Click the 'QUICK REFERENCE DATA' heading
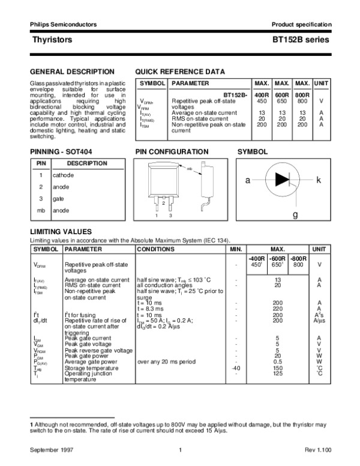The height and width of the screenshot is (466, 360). [180, 71]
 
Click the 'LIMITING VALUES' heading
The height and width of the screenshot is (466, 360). [61, 232]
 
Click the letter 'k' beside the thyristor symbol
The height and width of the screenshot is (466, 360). [319, 180]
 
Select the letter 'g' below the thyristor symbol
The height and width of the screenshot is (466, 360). [295, 214]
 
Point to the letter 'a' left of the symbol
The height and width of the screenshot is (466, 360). [247, 180]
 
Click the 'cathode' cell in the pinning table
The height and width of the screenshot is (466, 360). [63, 175]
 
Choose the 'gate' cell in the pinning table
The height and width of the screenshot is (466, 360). [58, 198]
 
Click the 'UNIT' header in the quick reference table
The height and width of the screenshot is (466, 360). [322, 83]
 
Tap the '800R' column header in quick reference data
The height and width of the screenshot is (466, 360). [303, 95]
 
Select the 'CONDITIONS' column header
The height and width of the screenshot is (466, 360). [155, 249]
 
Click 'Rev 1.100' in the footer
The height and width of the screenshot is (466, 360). [316, 450]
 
